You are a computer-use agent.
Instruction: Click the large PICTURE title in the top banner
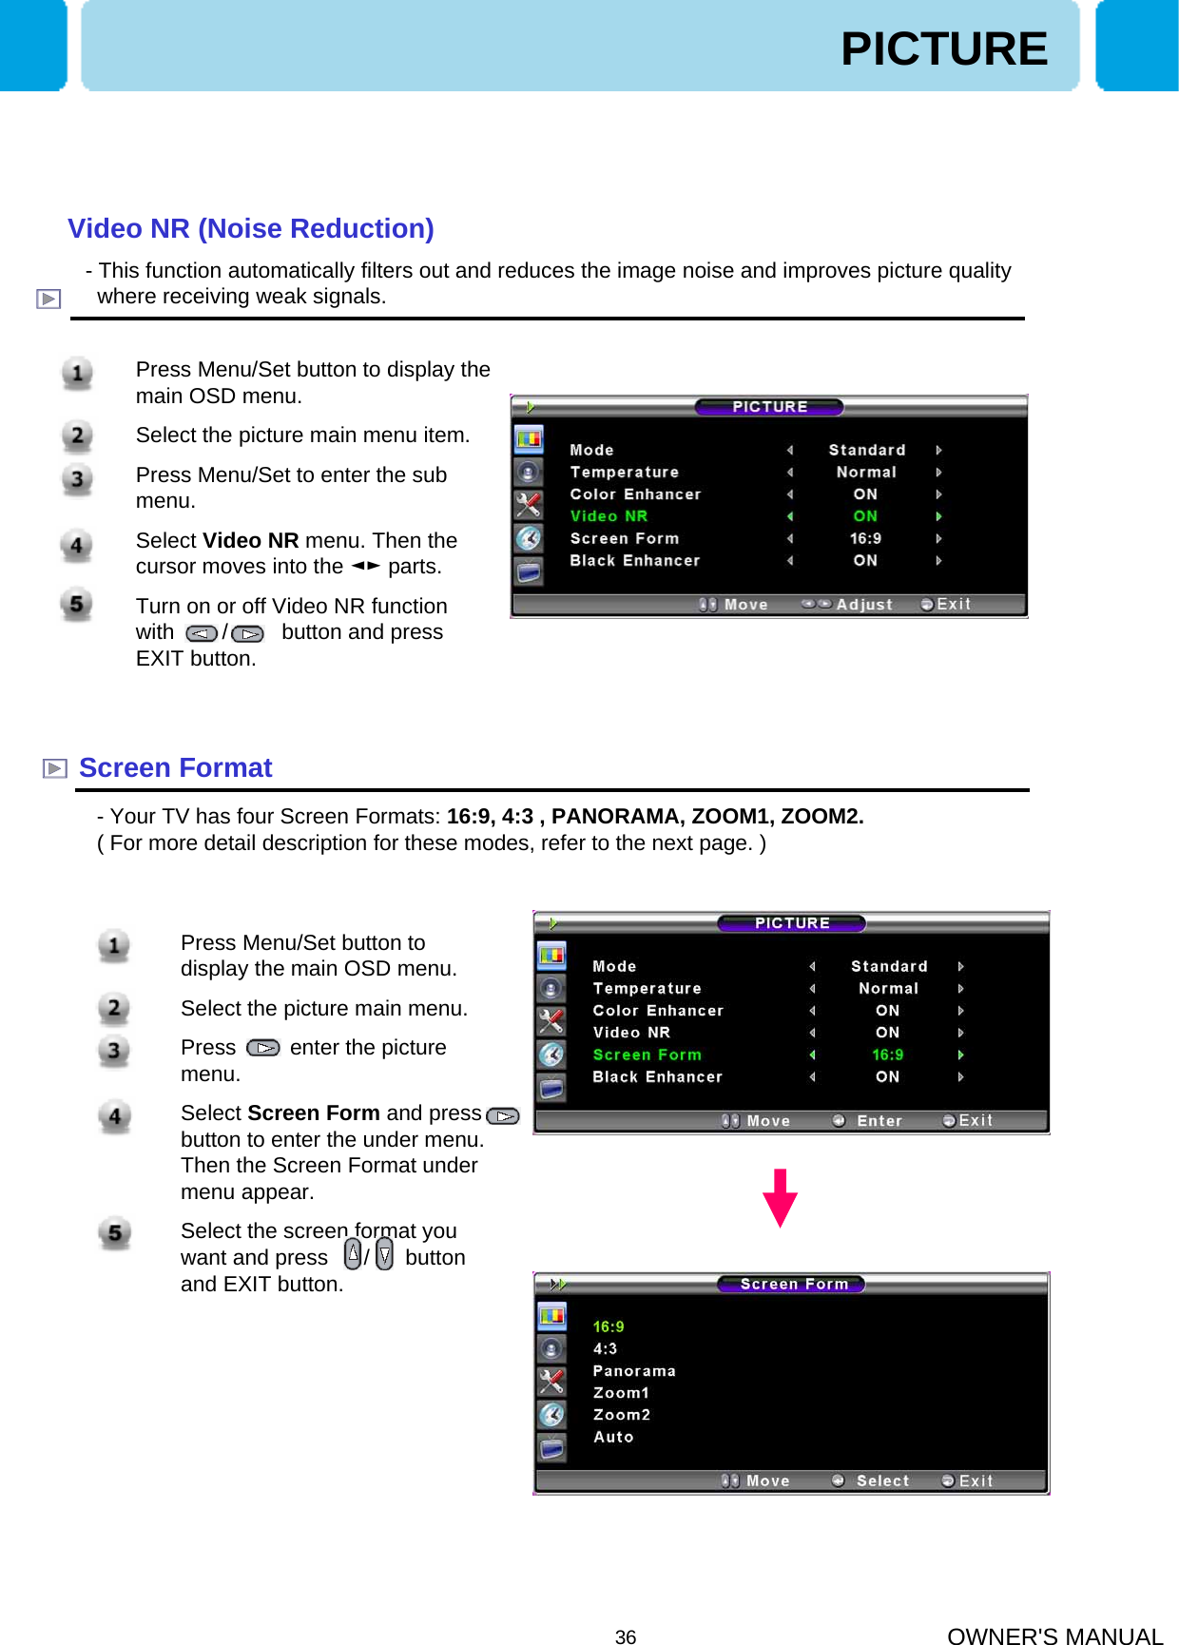(943, 48)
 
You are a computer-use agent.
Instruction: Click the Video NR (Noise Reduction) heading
(251, 228)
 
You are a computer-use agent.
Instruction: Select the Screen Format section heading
(175, 767)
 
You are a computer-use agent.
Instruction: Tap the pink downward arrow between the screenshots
(780, 1198)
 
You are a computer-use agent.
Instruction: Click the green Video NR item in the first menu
(609, 516)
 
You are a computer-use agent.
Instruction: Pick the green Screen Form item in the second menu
(647, 1055)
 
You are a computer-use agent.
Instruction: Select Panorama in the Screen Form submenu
(634, 1371)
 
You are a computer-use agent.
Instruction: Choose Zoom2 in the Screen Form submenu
(622, 1415)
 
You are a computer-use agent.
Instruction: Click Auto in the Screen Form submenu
(613, 1437)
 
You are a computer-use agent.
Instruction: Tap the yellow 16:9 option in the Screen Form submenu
(609, 1326)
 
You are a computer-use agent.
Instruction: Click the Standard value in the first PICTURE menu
(866, 450)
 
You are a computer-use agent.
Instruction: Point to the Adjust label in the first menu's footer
(864, 605)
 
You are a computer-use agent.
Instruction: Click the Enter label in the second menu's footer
(879, 1121)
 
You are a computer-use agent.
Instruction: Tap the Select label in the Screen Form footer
(882, 1481)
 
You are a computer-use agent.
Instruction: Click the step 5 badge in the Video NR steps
(77, 604)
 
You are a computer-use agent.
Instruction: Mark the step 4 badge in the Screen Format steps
(114, 1116)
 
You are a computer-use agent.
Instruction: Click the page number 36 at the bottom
(626, 1636)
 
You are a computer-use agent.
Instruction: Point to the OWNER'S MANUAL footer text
(1054, 1635)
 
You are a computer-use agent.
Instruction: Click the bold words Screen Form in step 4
(314, 1113)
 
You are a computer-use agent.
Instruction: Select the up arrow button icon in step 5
(353, 1255)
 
